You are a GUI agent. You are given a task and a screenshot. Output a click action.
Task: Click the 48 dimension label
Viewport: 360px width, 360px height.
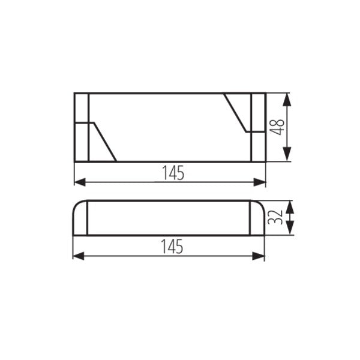pyautogui.click(x=277, y=127)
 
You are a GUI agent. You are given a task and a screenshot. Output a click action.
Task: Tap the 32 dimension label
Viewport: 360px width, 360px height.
pyautogui.click(x=275, y=217)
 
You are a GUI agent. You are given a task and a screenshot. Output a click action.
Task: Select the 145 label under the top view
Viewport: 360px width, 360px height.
pyautogui.click(x=173, y=173)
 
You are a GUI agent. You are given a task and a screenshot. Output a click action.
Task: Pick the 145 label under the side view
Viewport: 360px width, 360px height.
pyautogui.click(x=173, y=246)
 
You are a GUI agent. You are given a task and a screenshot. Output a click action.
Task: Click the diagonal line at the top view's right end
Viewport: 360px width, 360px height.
pyautogui.click(x=236, y=113)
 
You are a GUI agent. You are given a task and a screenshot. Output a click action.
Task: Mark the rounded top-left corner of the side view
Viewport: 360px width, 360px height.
pyautogui.click(x=76, y=205)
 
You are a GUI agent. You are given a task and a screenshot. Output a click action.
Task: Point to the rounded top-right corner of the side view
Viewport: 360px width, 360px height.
pyautogui.click(x=261, y=205)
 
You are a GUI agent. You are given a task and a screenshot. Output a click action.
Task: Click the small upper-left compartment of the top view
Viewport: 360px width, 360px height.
pyautogui.click(x=82, y=108)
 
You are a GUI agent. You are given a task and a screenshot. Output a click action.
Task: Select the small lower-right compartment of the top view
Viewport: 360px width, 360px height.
pyautogui.click(x=258, y=146)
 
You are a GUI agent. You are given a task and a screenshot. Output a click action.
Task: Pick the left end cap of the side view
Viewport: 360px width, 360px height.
pyautogui.click(x=80, y=218)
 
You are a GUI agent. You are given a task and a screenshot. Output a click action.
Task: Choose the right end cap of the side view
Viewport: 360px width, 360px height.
pyautogui.click(x=257, y=218)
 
